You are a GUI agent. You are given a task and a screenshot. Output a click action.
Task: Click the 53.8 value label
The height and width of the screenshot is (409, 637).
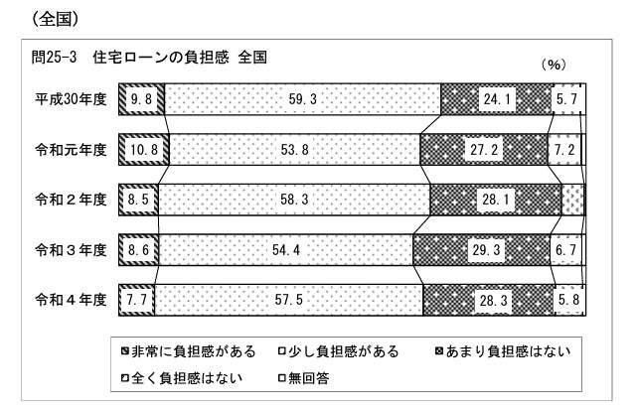(x=293, y=150)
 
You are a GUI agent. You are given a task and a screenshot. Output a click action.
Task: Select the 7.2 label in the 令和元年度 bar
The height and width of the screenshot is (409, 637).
(x=564, y=150)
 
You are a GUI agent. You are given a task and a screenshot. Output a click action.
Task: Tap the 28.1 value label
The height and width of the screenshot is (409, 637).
(x=494, y=200)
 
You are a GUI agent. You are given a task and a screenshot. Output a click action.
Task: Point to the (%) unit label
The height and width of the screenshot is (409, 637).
(x=553, y=65)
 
